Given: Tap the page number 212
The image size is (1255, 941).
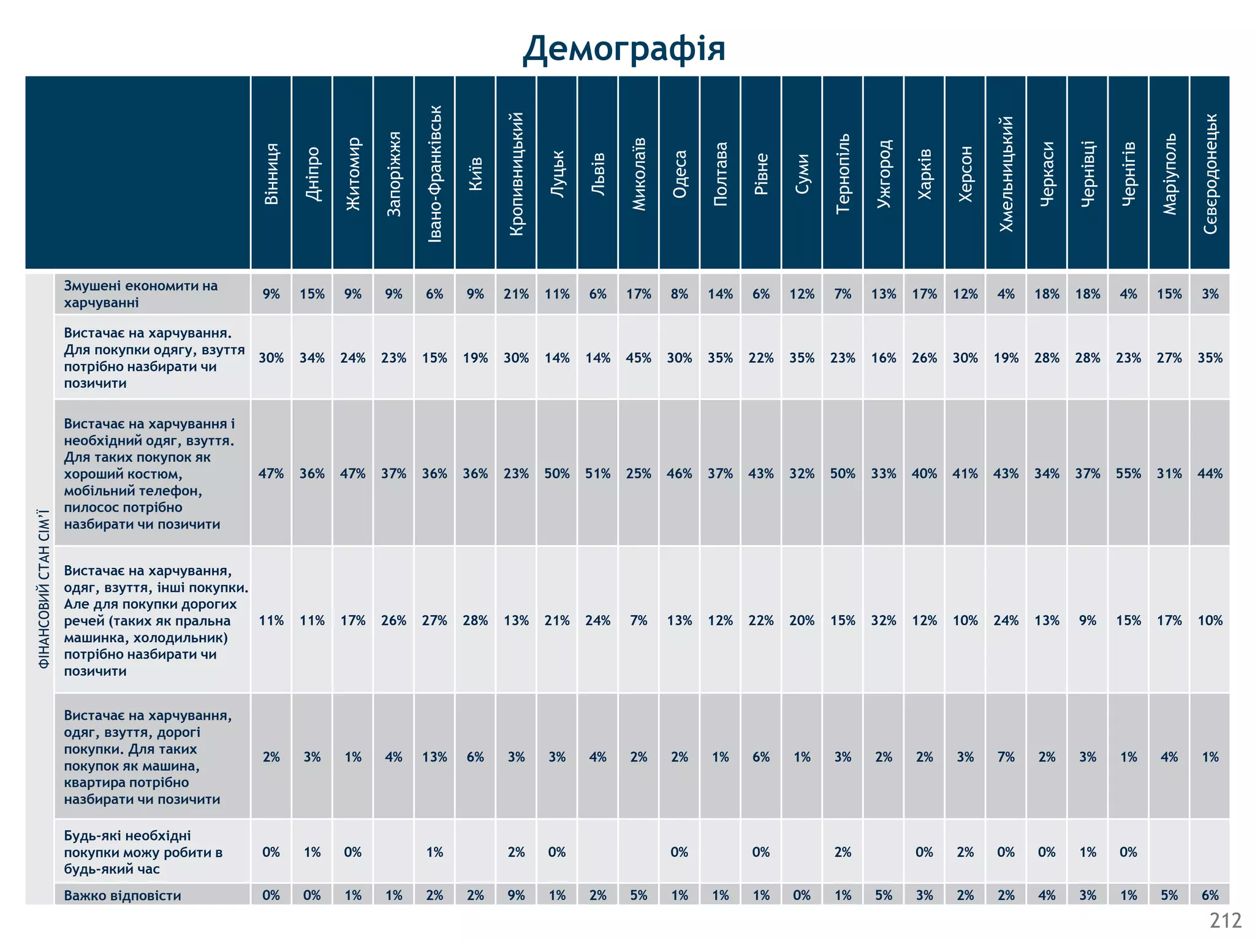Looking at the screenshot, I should point(1225,921).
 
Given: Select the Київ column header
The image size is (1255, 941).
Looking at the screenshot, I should point(476,174).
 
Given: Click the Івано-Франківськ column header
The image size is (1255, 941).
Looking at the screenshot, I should point(434,174).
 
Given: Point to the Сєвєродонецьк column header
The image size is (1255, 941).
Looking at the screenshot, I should point(1210,174).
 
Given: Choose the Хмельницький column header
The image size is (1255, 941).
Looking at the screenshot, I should point(1006,174).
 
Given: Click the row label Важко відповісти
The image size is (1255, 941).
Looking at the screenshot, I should point(123,895).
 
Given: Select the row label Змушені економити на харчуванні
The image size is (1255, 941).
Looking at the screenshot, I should point(141,294).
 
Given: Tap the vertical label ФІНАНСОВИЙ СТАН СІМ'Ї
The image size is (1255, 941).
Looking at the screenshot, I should point(44,588).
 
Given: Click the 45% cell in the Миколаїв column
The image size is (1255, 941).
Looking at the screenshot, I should point(639,358).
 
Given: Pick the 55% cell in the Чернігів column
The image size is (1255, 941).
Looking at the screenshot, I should point(1128,474).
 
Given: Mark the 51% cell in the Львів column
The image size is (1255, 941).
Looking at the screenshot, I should point(597,474).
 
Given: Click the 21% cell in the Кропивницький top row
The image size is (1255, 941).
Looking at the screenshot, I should point(516,294).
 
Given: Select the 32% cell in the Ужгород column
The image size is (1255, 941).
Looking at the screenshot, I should point(884,621).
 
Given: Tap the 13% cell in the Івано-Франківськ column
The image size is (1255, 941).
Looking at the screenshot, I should point(434,757).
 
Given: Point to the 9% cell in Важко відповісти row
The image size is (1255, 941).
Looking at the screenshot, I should point(516,895).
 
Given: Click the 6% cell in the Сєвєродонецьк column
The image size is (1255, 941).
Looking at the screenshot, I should point(1210,895).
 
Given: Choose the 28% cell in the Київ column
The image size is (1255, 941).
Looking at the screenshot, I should point(476,621).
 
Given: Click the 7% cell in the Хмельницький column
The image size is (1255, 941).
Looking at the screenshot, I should point(1006,757).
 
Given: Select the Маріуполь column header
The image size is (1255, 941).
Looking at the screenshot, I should point(1169,174).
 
